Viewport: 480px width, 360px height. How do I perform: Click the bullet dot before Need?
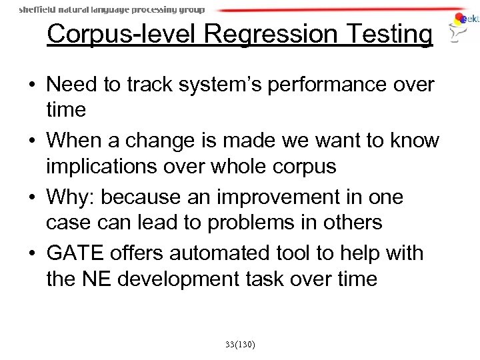[32, 87]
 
